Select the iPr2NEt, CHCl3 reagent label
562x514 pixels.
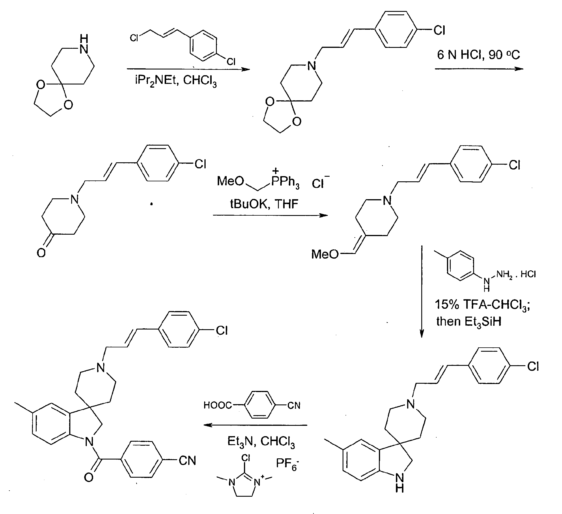(176, 81)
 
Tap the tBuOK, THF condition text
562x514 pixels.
(264, 204)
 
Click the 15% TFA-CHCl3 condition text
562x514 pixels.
(482, 304)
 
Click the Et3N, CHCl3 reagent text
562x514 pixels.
(261, 441)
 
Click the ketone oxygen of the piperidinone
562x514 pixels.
(41, 253)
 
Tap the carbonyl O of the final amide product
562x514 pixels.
(89, 477)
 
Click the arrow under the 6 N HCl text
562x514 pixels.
(479, 69)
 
